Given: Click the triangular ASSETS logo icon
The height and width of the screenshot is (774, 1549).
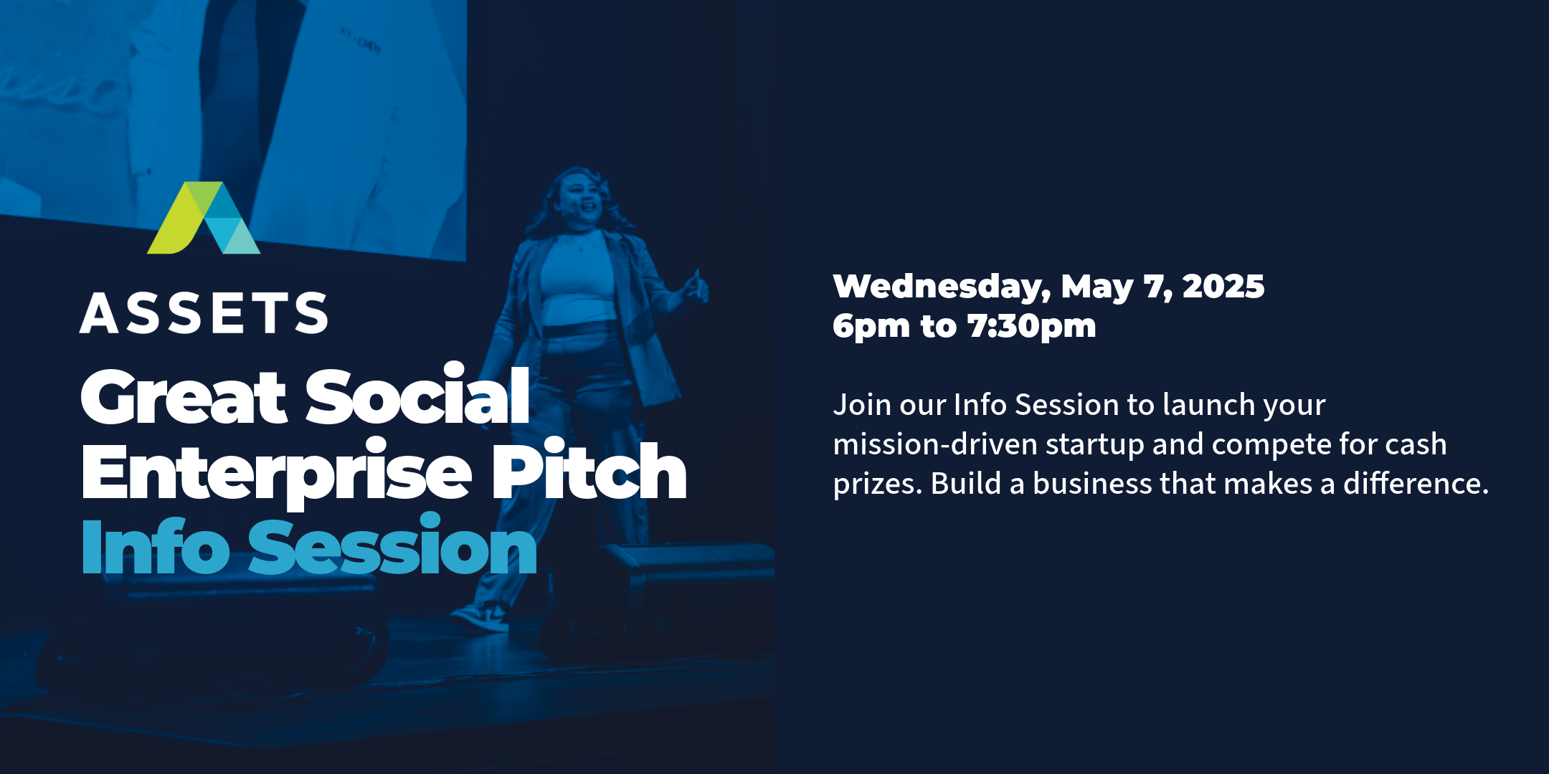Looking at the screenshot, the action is [204, 219].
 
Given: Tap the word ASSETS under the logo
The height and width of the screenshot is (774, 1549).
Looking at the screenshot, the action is [204, 313].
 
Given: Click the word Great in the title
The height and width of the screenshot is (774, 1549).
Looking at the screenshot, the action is [184, 396].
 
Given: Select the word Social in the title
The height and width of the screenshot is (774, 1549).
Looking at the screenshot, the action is [418, 394].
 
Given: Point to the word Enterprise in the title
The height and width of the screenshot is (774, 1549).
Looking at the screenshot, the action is [277, 473].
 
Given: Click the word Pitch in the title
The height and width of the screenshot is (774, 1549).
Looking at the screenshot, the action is [589, 469].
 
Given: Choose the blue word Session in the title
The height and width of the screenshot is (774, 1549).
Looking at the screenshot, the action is [393, 545].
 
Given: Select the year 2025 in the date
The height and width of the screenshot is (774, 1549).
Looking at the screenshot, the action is [1223, 286].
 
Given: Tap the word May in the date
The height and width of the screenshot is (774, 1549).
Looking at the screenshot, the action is [1097, 288].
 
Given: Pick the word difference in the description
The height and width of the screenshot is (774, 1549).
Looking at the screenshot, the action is [1416, 483].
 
